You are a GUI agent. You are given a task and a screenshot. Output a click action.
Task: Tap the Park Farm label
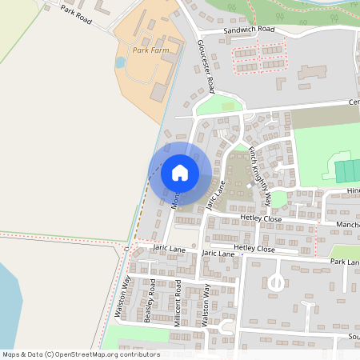click(151, 50)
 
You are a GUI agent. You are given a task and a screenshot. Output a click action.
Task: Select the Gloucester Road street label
click(206, 65)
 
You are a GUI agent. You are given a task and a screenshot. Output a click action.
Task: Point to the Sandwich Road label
click(249, 30)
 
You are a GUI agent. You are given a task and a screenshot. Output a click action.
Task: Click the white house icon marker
click(180, 172)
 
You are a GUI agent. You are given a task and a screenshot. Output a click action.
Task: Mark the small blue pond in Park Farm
click(121, 62)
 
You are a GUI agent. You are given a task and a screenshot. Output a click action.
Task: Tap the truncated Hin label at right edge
click(353, 191)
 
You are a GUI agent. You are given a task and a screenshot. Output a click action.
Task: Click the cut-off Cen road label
click(353, 102)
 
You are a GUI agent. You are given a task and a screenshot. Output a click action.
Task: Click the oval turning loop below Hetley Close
click(276, 282)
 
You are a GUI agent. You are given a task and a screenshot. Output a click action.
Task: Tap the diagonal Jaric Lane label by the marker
click(214, 194)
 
